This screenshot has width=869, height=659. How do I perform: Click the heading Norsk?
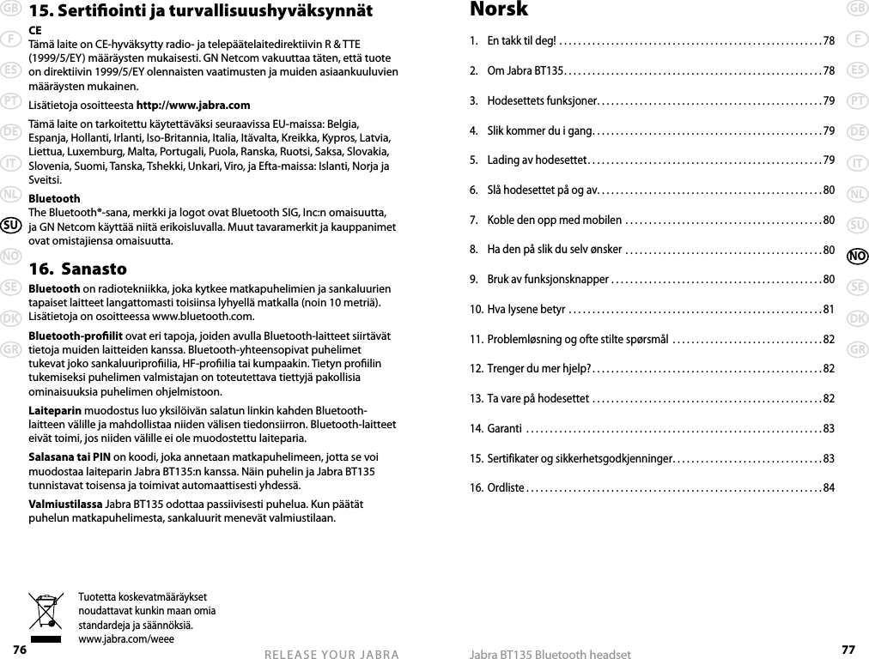pos(499,10)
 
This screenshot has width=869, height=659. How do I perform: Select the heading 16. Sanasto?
pos(77,269)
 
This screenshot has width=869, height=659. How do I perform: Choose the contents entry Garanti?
pos(504,428)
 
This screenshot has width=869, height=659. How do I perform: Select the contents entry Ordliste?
pos(505,488)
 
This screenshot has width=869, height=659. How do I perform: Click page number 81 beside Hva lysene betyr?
pos(828,309)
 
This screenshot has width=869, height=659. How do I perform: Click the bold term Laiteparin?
pos(57,409)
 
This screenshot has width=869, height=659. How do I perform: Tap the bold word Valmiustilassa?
pos(65,503)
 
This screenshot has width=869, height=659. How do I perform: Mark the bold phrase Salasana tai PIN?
pos(70,456)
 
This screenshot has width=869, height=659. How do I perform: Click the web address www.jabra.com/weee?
pos(125,638)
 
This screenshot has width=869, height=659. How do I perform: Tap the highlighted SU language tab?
pos(11,226)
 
